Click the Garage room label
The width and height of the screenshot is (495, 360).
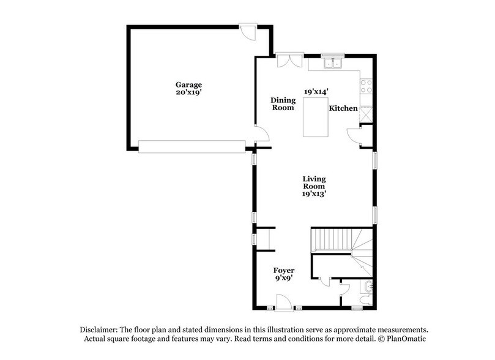pos(188,84)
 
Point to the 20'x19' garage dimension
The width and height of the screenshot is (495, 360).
pos(188,93)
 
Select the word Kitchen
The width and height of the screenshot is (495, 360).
pos(343,108)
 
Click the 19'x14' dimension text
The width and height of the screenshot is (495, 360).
pos(316,91)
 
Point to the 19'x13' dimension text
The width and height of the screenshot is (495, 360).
pos(315,194)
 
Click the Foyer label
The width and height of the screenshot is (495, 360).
pos(284,270)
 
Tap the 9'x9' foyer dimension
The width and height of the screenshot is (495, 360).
pos(284,279)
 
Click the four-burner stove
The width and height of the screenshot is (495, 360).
pos(367,87)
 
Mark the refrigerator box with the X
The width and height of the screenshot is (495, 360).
pos(367,113)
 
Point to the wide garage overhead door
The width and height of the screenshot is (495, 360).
pos(192,146)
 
